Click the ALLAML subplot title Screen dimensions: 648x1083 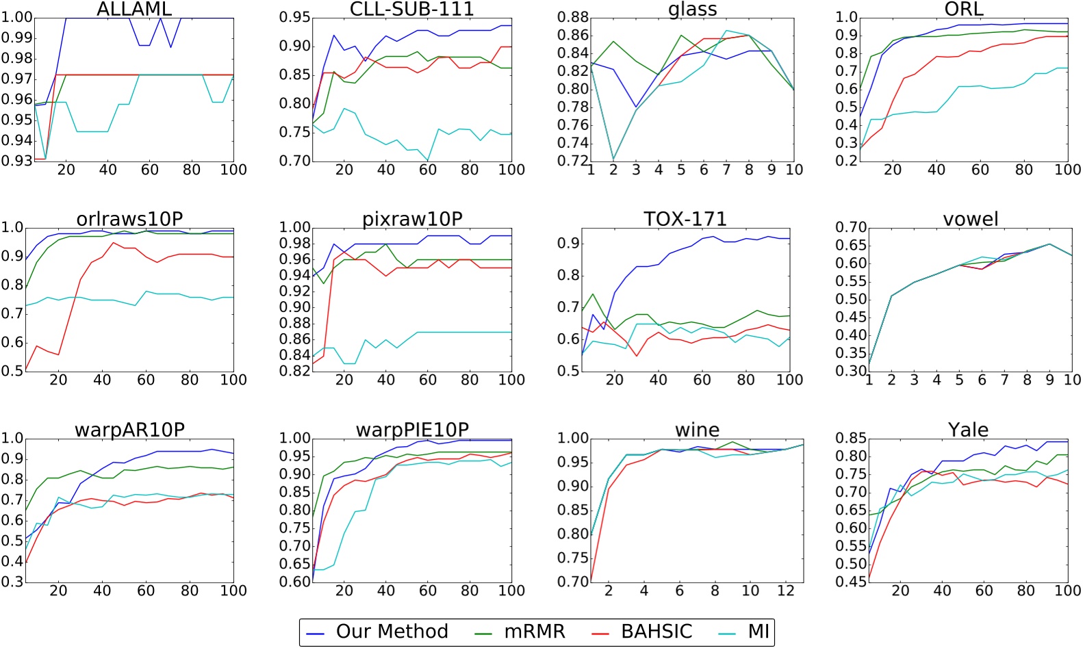[134, 9]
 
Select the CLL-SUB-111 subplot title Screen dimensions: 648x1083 [411, 9]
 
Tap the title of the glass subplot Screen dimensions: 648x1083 [692, 9]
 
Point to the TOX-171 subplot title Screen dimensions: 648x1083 [685, 219]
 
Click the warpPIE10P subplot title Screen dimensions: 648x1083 [412, 430]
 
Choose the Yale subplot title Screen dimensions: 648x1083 [968, 430]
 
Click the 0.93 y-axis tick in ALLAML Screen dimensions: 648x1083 [16, 161]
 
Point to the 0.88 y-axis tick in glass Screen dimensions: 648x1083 [572, 18]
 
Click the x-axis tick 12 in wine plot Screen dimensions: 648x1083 [786, 591]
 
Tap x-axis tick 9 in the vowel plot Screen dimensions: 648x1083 [1049, 380]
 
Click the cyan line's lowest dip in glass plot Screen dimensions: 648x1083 [613, 160]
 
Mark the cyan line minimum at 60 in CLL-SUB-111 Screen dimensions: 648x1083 [428, 161]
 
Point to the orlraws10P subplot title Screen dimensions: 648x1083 [129, 219]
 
